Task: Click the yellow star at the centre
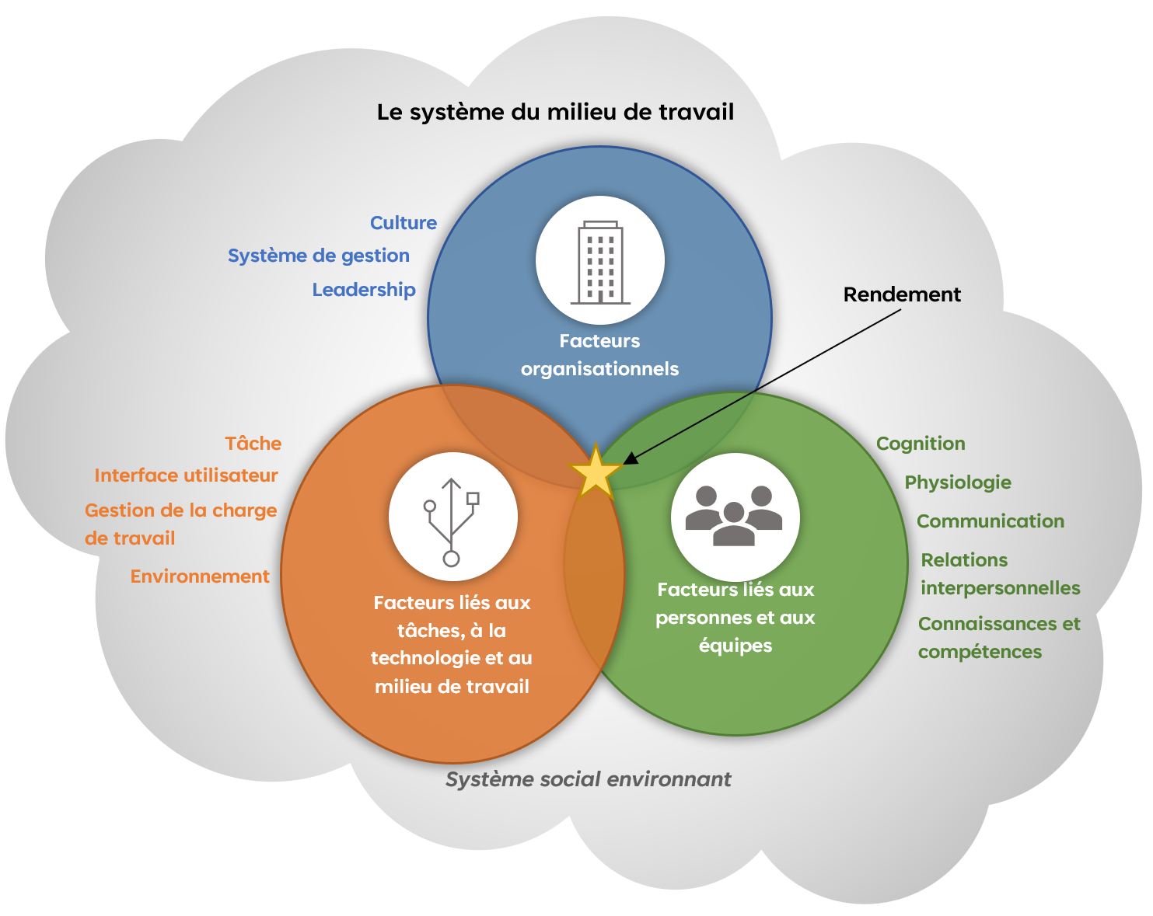point(596,473)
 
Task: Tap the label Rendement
point(902,294)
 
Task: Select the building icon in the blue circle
point(600,261)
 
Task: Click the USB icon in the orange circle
point(452,517)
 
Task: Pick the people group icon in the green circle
point(735,516)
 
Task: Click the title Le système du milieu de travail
point(555,113)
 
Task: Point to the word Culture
point(403,223)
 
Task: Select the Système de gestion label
point(318,256)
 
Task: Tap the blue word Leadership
point(364,290)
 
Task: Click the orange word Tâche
point(253,444)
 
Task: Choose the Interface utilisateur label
point(186,475)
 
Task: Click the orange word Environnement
point(200,576)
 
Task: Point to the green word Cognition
point(921,444)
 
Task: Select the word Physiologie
point(958,482)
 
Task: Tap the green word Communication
point(991,521)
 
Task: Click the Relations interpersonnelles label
point(1000,574)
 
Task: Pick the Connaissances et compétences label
point(999,638)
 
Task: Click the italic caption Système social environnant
point(588,779)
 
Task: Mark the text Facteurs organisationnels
point(599,355)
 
